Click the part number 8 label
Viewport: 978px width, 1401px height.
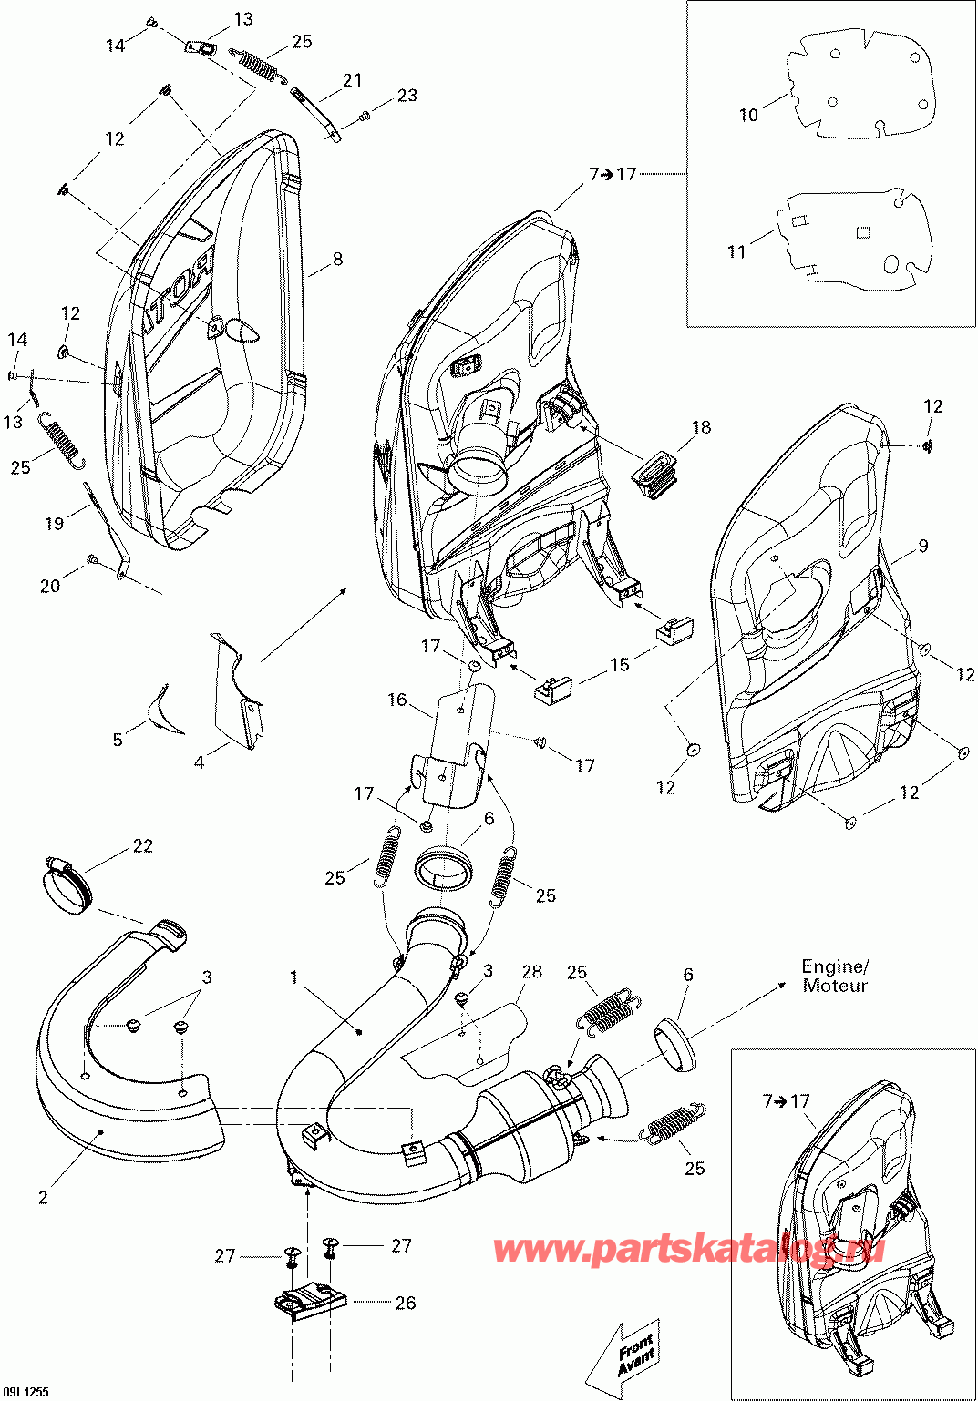point(337,260)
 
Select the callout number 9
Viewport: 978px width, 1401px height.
point(923,546)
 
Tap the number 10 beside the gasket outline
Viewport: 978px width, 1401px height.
point(748,115)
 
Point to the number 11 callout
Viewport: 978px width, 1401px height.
point(736,251)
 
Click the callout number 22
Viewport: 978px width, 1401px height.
point(143,846)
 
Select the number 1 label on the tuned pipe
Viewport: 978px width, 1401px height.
point(294,977)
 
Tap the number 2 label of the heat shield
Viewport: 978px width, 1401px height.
point(43,1198)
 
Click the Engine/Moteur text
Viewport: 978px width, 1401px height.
point(835,976)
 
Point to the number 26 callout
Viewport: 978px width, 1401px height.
point(406,1303)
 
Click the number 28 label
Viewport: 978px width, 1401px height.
point(531,972)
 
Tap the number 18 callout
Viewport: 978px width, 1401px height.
point(701,427)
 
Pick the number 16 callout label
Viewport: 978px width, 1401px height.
point(397,700)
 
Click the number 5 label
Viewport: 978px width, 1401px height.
point(118,740)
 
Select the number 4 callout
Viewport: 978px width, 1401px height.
point(199,762)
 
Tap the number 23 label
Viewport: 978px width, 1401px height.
point(407,95)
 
